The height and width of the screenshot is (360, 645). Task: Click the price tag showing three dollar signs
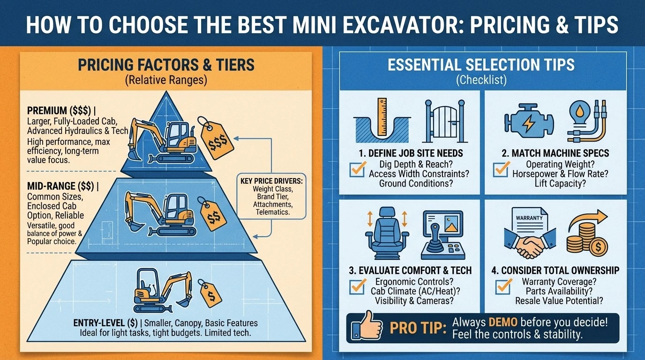click(216, 140)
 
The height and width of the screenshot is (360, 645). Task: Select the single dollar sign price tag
click(210, 294)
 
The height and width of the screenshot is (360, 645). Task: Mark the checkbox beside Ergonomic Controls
click(358, 286)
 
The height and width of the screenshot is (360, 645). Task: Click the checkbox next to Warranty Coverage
click(504, 286)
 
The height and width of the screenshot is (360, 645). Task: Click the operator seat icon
click(387, 233)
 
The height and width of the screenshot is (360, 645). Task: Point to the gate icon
click(445, 121)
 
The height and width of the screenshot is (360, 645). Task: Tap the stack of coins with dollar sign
click(587, 240)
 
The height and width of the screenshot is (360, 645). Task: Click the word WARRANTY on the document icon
click(529, 218)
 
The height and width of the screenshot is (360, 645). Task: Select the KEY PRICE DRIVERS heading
click(271, 181)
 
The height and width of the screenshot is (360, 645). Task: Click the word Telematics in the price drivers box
click(272, 212)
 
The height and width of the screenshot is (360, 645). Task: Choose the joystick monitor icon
click(443, 235)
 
